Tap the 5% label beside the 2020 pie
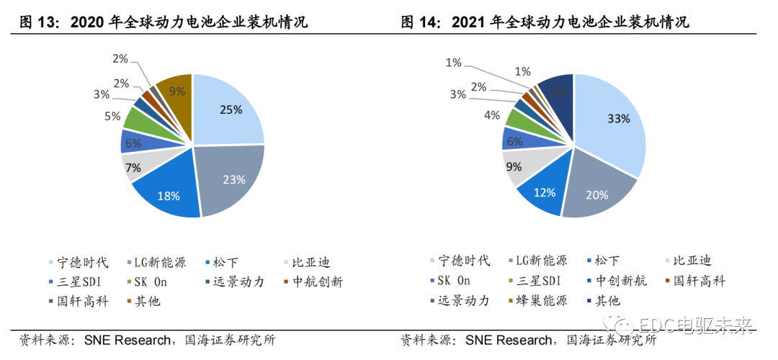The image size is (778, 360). coord(112,116)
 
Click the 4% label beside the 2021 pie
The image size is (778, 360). coord(492,116)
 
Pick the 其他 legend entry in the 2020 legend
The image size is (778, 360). coord(147,301)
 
